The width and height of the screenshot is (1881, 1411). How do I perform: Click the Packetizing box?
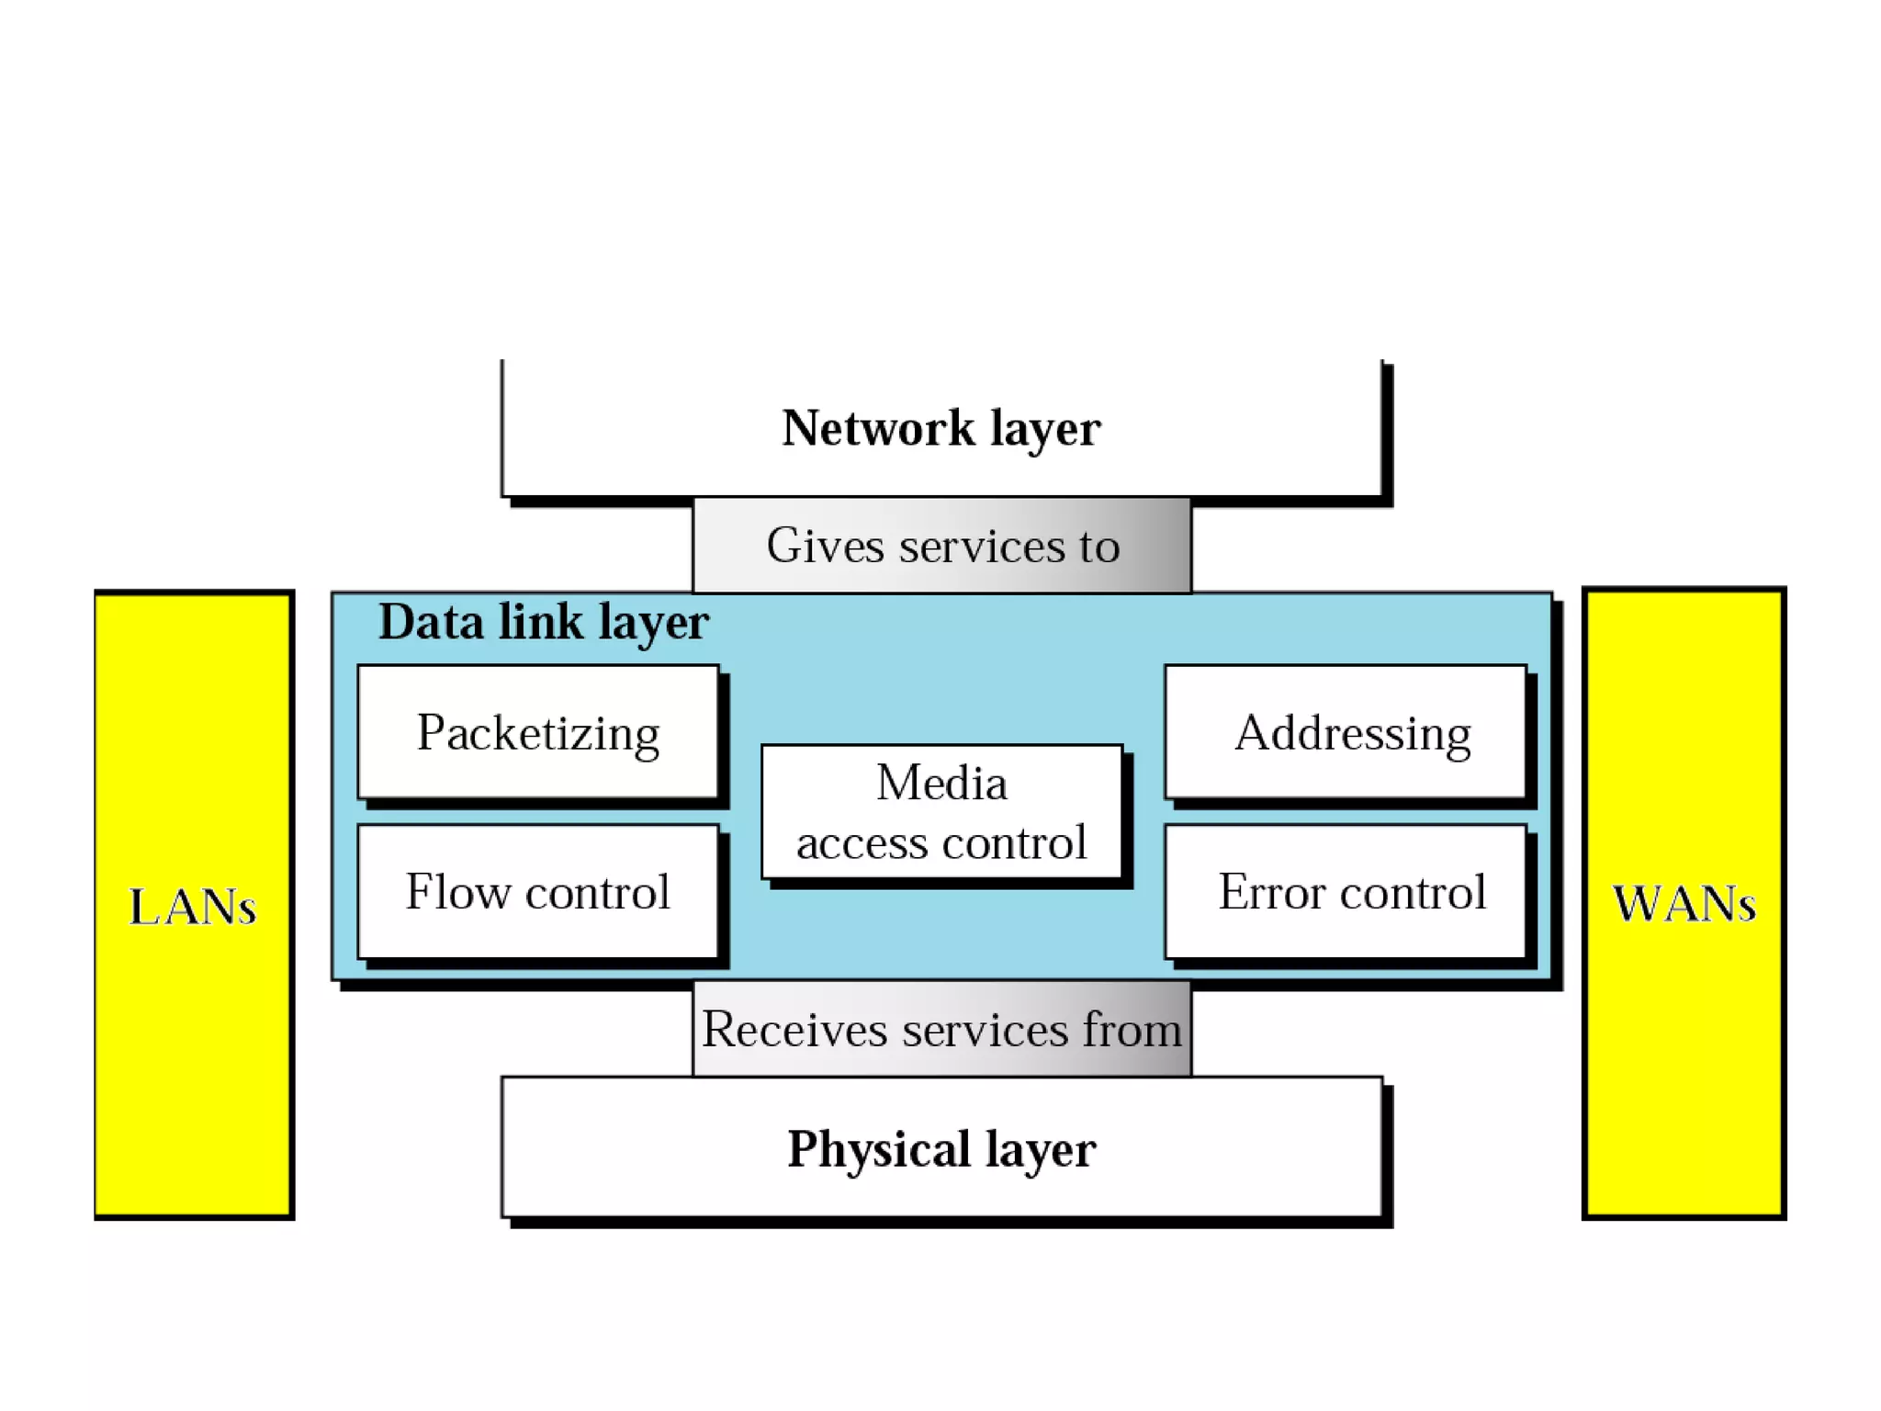[x=538, y=732]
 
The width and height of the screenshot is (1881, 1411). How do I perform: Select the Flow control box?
[x=538, y=892]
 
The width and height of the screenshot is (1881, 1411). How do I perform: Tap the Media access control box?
[x=941, y=812]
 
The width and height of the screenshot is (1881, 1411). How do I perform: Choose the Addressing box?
[x=1346, y=732]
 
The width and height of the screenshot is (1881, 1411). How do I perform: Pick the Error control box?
[x=1346, y=892]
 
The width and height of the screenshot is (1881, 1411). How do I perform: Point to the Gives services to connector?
[x=941, y=546]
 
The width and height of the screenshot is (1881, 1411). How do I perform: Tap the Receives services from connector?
[x=941, y=1029]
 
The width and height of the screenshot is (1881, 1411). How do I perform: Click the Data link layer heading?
[x=544, y=623]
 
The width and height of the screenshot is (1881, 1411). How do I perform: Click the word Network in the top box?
[x=877, y=428]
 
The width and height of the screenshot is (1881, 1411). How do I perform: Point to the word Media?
[x=941, y=783]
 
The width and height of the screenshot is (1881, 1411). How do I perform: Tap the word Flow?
[x=457, y=892]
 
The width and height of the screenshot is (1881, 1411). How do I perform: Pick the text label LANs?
[x=192, y=908]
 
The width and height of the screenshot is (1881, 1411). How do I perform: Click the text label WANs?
[x=1684, y=904]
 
